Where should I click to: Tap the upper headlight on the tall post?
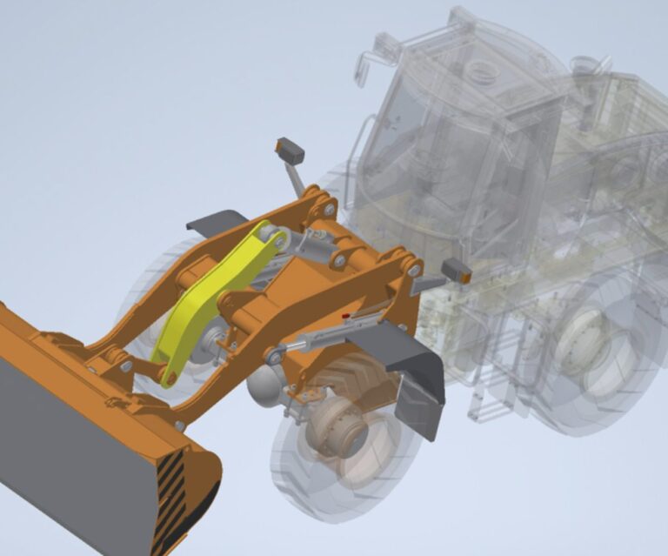pyautogui.click(x=290, y=151)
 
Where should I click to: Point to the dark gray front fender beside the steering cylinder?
pyautogui.click(x=409, y=356)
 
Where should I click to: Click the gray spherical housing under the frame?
pyautogui.click(x=264, y=383)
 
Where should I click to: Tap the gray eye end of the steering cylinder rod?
pyautogui.click(x=276, y=354)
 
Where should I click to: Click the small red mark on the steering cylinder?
pyautogui.click(x=345, y=316)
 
